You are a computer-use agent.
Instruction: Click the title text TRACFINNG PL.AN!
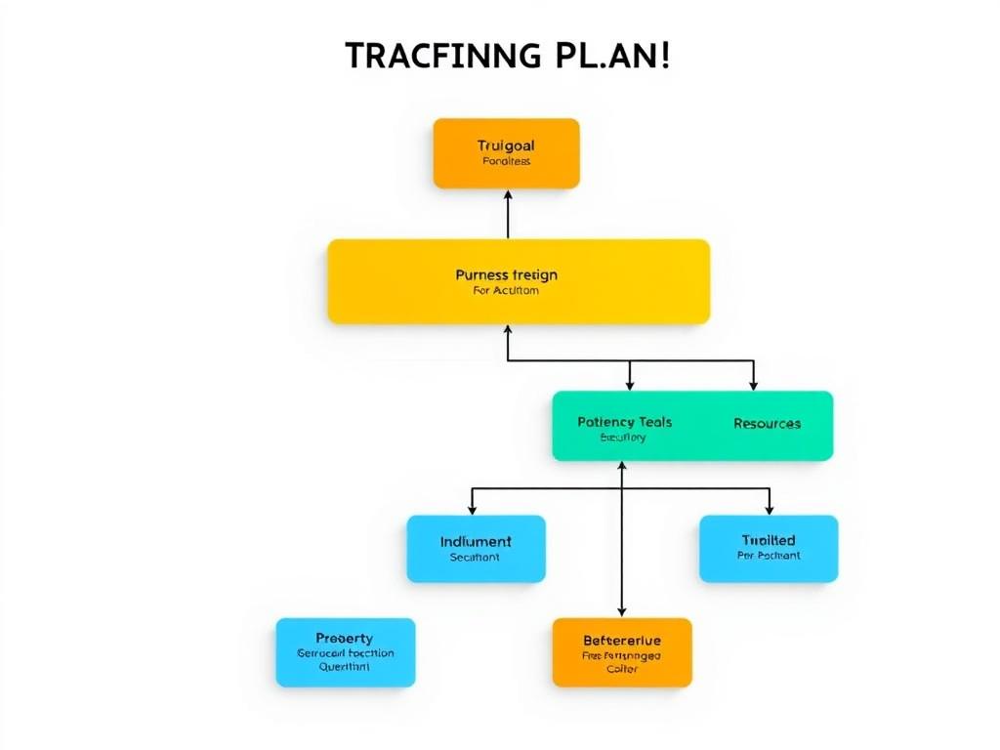coord(508,56)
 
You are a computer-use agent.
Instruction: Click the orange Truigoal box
coord(506,153)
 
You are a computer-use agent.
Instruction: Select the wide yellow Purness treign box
coord(518,281)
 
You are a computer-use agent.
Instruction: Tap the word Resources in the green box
coord(767,424)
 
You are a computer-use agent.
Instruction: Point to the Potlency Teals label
coord(624,422)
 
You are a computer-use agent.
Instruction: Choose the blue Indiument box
coord(476,549)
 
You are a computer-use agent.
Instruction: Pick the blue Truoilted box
coord(769,549)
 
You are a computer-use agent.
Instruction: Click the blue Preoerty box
coord(345,652)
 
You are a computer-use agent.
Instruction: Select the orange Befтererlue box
coord(622,652)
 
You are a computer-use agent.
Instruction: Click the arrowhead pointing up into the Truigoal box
coord(508,195)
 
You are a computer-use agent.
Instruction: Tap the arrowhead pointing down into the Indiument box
coord(473,509)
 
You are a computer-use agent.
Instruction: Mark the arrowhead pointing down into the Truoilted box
coord(769,509)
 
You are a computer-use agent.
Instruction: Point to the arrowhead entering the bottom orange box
coord(622,611)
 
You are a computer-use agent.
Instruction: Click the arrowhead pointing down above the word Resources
coord(753,385)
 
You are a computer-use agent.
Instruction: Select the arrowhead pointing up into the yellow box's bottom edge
coord(508,331)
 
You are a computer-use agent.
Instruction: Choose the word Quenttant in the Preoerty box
coord(345,668)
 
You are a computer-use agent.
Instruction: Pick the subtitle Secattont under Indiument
coord(475,558)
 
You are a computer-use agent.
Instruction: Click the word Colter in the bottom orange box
coord(621,670)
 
